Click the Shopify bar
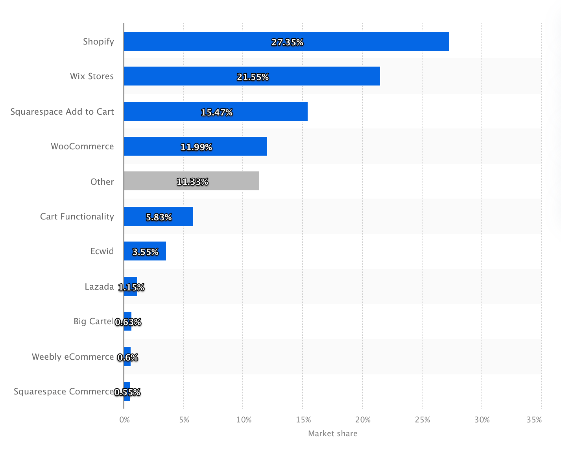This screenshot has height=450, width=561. point(286,41)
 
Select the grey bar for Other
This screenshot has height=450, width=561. point(191,181)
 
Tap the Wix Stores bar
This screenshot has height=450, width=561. point(252,76)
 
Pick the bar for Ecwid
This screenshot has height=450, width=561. point(145,251)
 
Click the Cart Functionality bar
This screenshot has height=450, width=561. point(158,216)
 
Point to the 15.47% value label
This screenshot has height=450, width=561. point(217,112)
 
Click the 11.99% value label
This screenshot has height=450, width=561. point(196,147)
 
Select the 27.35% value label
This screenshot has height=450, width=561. point(287,42)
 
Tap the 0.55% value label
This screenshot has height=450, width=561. point(127,392)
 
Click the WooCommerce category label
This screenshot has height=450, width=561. point(82,146)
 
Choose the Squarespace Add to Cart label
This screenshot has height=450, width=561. point(62,112)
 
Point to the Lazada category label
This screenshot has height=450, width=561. point(99,286)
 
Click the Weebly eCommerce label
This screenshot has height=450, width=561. point(73,357)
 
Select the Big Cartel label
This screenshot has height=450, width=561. point(94,321)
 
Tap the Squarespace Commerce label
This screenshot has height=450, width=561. point(64,391)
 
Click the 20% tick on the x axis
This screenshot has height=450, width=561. point(363,420)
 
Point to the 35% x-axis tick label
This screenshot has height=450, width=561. point(534,420)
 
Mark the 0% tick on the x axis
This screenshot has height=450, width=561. point(124,420)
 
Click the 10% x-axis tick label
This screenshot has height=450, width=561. point(244,420)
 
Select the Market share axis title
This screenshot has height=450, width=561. point(333,433)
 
